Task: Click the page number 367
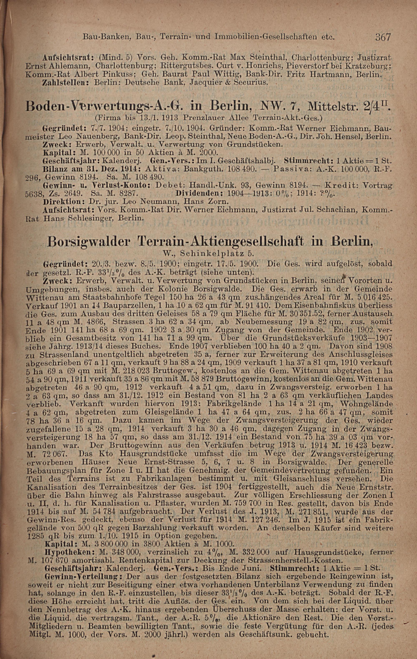(384, 37)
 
